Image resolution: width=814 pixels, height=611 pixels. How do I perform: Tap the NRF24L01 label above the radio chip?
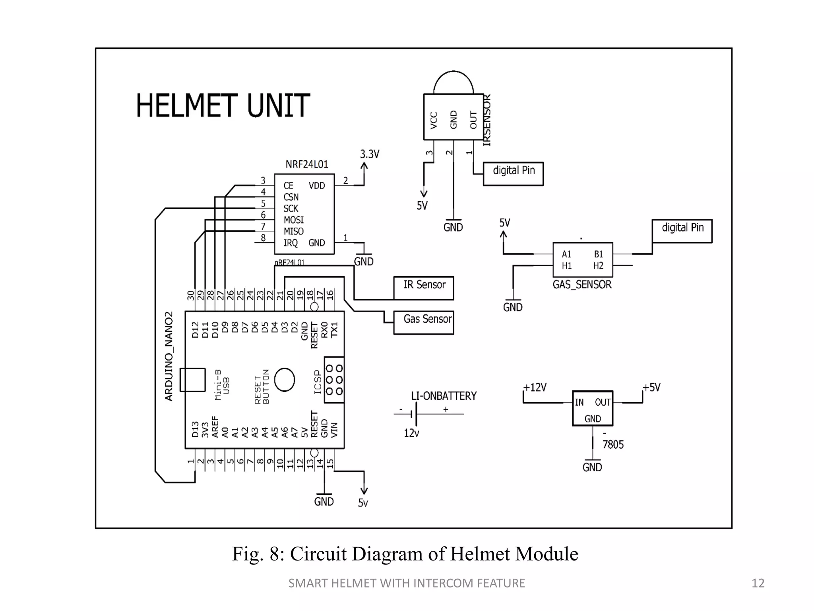pyautogui.click(x=307, y=164)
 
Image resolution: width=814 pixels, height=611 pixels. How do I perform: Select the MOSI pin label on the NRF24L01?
pyautogui.click(x=294, y=220)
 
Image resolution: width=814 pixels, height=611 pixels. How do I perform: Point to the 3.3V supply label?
pyautogui.click(x=370, y=154)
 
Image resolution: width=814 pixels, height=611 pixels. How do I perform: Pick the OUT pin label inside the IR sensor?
pyautogui.click(x=473, y=120)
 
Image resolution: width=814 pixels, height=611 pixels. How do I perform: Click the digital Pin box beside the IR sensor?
pyautogui.click(x=513, y=174)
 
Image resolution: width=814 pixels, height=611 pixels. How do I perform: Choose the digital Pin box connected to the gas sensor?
pyautogui.click(x=682, y=231)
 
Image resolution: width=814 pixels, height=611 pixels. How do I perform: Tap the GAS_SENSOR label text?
pyautogui.click(x=582, y=285)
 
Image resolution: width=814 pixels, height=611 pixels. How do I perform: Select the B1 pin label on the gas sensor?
pyautogui.click(x=599, y=254)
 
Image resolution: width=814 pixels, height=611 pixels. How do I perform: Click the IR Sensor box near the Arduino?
pyautogui.click(x=424, y=288)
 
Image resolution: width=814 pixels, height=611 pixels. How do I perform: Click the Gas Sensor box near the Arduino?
pyautogui.click(x=424, y=322)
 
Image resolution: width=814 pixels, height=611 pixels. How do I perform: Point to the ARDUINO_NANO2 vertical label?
pyautogui.click(x=169, y=356)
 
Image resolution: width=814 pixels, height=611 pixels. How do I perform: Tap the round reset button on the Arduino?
pyautogui.click(x=285, y=379)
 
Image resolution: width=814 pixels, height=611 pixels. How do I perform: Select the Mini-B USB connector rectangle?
pyautogui.click(x=192, y=380)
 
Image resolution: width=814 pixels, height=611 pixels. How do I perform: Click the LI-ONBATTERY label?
pyautogui.click(x=444, y=396)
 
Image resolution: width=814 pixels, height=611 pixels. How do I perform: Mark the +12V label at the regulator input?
pyautogui.click(x=535, y=387)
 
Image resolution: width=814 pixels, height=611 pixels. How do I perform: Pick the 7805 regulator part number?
pyautogui.click(x=613, y=444)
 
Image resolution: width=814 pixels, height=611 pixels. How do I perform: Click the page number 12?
pyautogui.click(x=758, y=583)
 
